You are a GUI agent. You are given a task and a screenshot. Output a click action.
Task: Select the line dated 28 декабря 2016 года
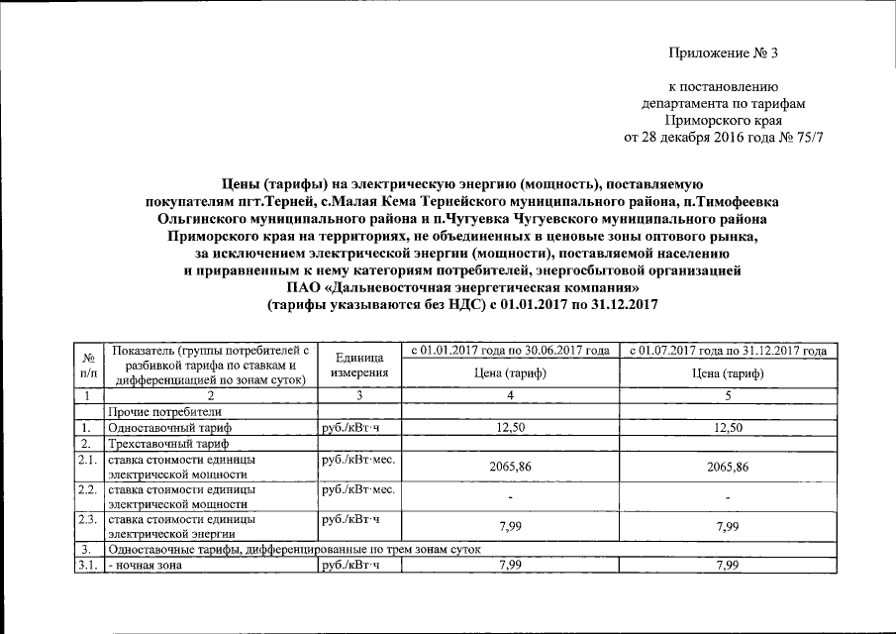(724, 137)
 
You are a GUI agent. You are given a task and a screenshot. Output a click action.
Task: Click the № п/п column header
(89, 365)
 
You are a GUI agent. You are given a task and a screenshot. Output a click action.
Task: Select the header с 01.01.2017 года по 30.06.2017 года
(510, 351)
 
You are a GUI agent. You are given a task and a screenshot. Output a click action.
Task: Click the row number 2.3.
(89, 518)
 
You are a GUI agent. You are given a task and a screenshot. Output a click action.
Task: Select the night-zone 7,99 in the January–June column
(510, 565)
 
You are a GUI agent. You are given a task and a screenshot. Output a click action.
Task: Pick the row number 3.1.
(89, 565)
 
